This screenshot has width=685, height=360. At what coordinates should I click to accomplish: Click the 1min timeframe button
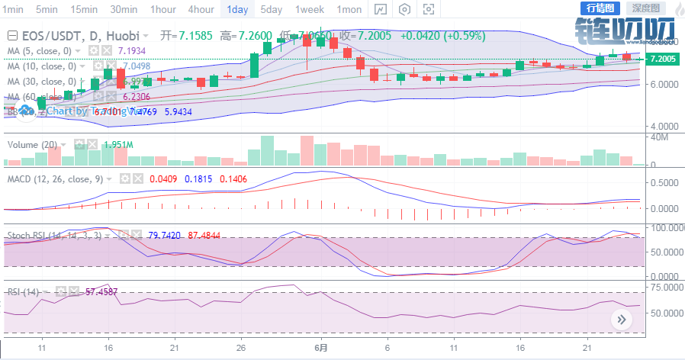tap(13, 9)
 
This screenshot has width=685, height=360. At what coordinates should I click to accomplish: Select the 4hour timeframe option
tap(200, 9)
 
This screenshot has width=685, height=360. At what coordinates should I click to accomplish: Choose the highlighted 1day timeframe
tap(237, 9)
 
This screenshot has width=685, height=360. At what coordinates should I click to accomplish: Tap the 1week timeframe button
tap(310, 9)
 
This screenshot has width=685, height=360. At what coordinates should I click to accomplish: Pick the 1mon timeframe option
tap(349, 9)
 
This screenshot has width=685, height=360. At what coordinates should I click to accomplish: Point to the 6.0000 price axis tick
tap(661, 84)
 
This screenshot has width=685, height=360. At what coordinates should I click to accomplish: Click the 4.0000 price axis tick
tap(661, 126)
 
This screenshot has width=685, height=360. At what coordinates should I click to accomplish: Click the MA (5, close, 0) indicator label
tap(40, 50)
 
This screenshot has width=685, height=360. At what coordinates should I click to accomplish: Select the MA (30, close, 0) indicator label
tap(42, 82)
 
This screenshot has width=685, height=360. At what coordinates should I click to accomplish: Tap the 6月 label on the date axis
tap(321, 346)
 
